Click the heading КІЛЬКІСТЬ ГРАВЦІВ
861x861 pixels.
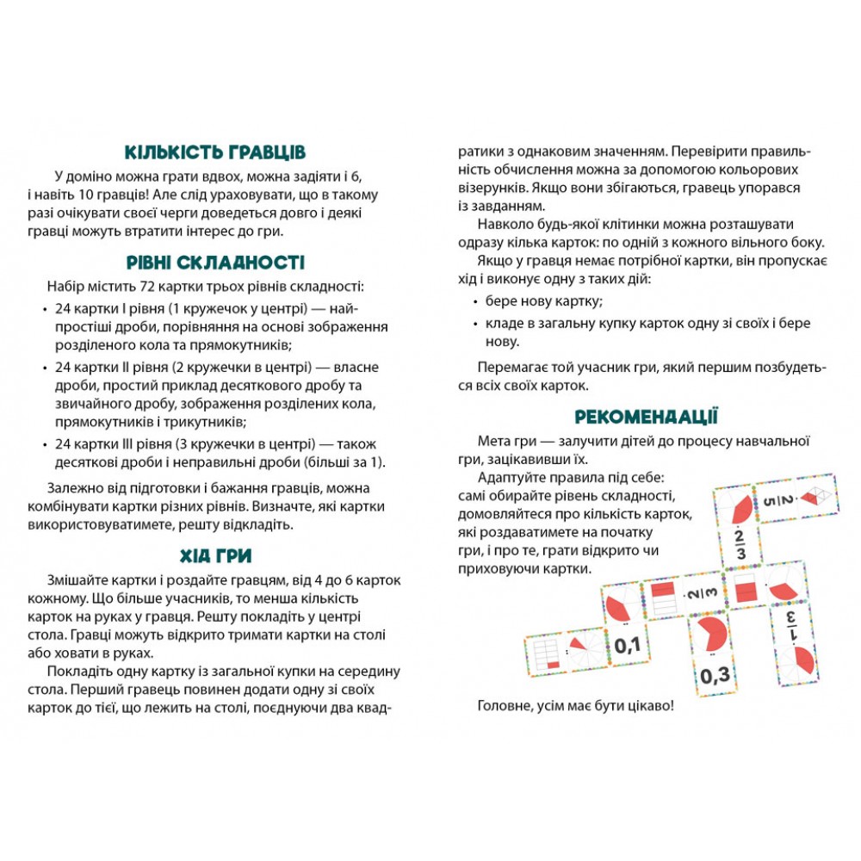[214, 152]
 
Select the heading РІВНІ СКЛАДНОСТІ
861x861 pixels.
[214, 262]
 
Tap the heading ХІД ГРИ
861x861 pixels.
[214, 555]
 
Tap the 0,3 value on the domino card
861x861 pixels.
[714, 674]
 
